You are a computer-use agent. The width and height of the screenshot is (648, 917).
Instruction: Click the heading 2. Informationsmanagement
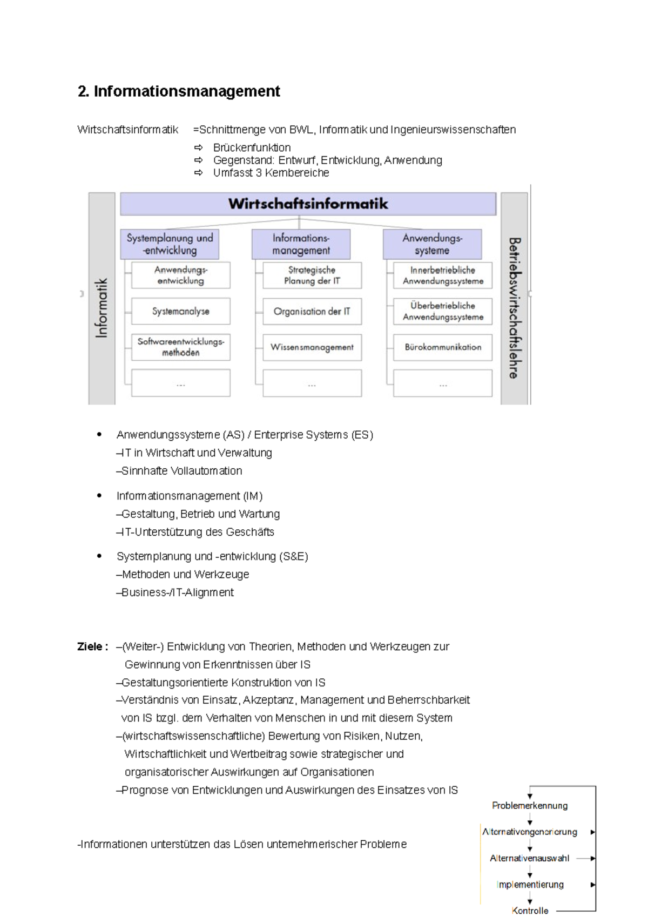[x=179, y=91]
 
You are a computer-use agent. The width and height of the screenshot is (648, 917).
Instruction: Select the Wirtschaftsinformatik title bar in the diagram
[x=308, y=204]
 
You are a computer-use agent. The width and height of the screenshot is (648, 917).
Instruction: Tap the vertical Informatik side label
[x=102, y=308]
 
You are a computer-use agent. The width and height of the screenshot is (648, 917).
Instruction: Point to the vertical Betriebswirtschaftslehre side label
[x=514, y=308]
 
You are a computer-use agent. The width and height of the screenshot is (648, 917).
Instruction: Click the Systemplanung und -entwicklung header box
[x=170, y=244]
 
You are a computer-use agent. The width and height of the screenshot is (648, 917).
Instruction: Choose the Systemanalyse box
[x=180, y=311]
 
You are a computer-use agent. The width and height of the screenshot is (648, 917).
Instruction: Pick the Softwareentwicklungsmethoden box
[x=180, y=347]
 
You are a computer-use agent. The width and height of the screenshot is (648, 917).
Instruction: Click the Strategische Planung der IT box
[x=312, y=275]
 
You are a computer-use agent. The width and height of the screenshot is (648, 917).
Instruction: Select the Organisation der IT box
[x=312, y=311]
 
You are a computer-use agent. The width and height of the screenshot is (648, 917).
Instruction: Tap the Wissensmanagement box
[x=312, y=347]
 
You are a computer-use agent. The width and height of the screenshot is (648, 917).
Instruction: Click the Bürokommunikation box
[x=443, y=347]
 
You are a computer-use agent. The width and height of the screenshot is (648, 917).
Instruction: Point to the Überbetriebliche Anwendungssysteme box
[x=443, y=311]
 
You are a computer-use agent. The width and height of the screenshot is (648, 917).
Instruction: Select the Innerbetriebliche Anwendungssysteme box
[x=443, y=275]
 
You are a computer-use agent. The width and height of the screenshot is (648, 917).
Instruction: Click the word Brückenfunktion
[x=252, y=147]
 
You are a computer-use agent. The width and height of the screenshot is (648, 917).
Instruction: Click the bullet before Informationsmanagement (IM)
[x=99, y=496]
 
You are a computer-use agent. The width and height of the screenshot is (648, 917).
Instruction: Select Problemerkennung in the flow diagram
[x=530, y=805]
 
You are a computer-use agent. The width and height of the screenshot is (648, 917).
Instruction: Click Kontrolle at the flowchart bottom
[x=530, y=911]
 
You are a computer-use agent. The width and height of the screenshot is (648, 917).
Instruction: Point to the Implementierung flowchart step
[x=530, y=885]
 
